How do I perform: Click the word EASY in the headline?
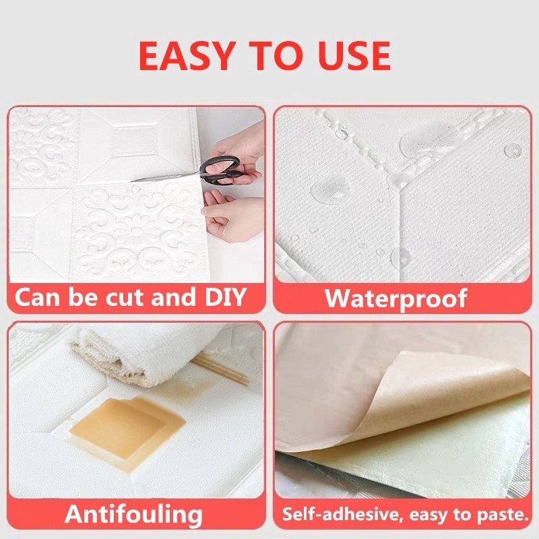point(186,56)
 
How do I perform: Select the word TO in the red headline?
point(276,56)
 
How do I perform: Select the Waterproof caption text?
point(395,298)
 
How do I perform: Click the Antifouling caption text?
point(133,514)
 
